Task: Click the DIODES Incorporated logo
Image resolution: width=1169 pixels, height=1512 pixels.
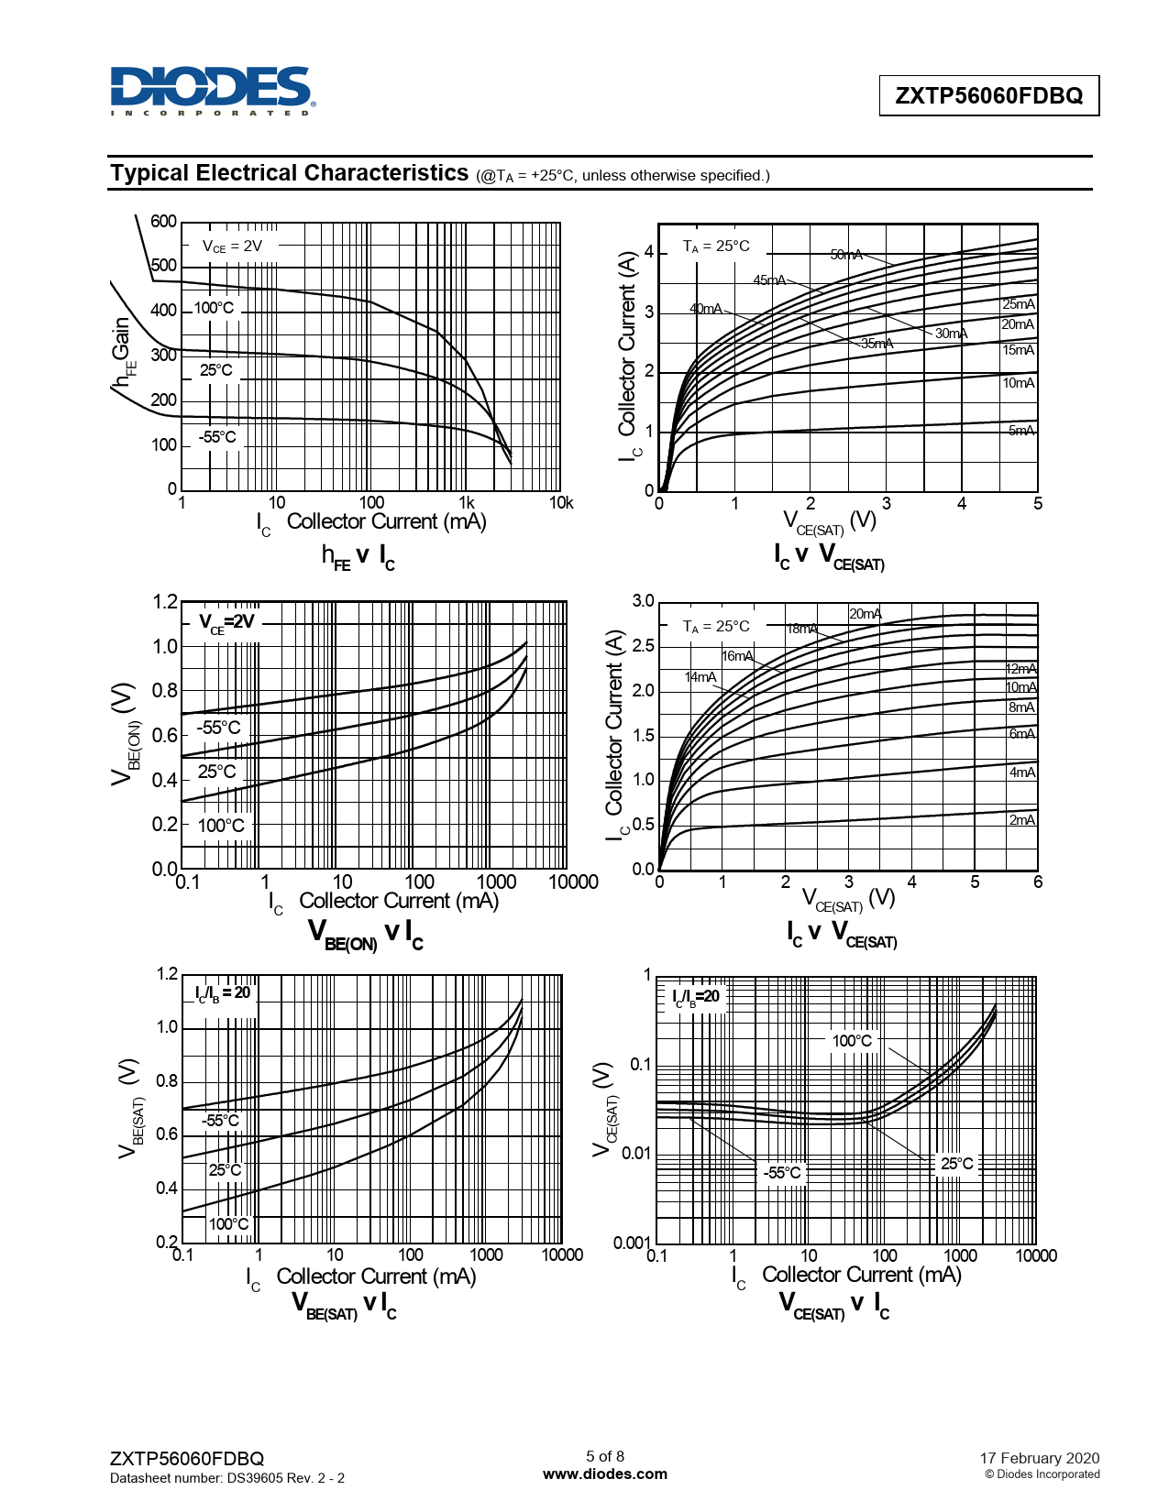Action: (212, 91)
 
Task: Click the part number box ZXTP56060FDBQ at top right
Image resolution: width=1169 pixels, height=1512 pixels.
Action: (988, 95)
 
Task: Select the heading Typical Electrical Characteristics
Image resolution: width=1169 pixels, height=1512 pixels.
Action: (290, 173)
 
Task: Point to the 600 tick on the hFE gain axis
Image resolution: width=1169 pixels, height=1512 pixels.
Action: (163, 222)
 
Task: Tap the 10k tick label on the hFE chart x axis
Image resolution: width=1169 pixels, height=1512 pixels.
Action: (561, 502)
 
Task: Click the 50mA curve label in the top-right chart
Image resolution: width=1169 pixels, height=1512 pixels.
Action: (846, 255)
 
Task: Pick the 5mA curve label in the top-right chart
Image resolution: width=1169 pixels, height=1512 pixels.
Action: (1021, 431)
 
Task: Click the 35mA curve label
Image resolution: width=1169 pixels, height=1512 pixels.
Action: (877, 344)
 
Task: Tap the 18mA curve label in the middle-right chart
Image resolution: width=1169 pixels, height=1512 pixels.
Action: (802, 629)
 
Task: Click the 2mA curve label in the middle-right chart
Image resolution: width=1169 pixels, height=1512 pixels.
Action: (1022, 820)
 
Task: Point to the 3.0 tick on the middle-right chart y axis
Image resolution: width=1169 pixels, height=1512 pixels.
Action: (643, 601)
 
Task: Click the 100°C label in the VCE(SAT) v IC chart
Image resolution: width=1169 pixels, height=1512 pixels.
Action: (852, 1041)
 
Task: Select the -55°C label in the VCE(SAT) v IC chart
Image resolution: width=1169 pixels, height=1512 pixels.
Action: (782, 1172)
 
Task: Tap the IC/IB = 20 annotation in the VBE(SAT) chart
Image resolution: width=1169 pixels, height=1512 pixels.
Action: (223, 992)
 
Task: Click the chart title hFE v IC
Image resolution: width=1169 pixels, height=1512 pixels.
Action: (358, 556)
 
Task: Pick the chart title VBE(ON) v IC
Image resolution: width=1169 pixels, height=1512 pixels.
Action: (365, 934)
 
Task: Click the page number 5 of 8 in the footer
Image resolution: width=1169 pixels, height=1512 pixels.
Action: (605, 1456)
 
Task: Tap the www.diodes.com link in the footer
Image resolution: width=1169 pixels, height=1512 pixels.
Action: (605, 1474)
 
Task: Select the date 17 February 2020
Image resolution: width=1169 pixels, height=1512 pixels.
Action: (1039, 1458)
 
